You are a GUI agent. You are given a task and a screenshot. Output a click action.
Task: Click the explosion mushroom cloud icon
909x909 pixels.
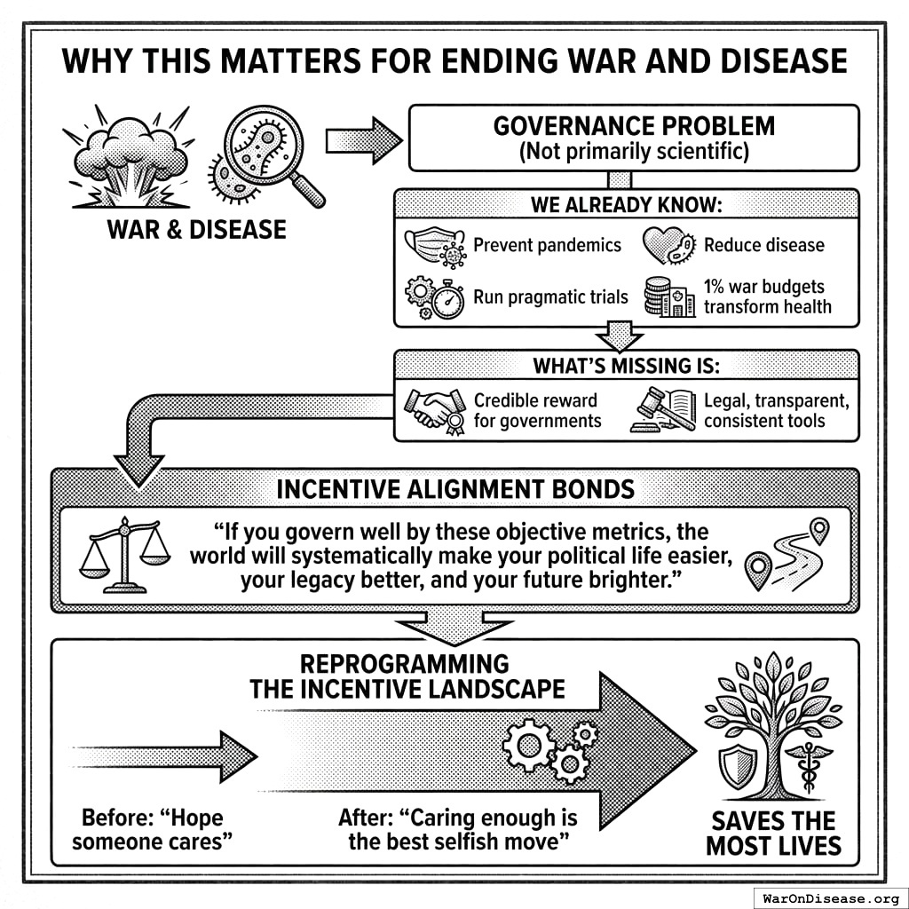click(x=130, y=160)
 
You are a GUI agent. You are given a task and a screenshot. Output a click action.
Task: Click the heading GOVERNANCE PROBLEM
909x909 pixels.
click(x=634, y=126)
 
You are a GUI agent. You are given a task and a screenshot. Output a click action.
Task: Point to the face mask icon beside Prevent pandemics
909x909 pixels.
click(x=434, y=247)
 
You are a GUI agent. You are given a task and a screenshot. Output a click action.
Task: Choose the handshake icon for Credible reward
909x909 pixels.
click(x=436, y=408)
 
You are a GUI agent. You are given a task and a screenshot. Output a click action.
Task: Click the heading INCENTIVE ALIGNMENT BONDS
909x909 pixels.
click(x=454, y=490)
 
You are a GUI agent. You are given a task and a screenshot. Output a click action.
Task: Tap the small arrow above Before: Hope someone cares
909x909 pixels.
click(x=169, y=756)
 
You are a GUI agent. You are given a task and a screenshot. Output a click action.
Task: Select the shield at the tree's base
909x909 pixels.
click(x=738, y=765)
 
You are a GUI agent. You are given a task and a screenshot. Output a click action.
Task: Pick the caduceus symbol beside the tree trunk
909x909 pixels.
click(x=810, y=767)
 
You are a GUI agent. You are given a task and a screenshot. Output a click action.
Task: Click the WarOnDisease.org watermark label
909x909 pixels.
click(x=829, y=897)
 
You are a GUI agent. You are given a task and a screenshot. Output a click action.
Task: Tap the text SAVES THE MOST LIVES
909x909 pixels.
click(x=772, y=833)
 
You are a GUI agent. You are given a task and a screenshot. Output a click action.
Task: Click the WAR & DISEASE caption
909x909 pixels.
click(x=196, y=230)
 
